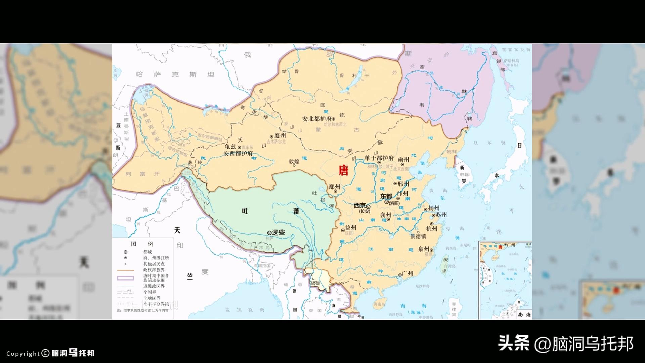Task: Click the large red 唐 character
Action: pos(343,170)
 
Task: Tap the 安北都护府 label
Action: pos(316,119)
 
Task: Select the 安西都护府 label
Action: pos(238,154)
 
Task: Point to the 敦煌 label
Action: pos(294,161)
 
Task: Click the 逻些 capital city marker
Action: pos(269,233)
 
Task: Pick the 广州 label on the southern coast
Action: pos(407,274)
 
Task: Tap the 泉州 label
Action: pos(424,249)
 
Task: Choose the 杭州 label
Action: pos(432,229)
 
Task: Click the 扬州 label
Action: pos(434,208)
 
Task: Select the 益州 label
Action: pos(351,228)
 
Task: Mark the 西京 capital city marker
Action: pos(368,207)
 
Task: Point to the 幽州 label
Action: pos(403,159)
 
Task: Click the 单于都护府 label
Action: pos(379,158)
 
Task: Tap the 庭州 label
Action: pos(280,135)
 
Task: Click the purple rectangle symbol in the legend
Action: pos(125,278)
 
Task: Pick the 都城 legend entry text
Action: pos(147,252)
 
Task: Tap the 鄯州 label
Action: pos(334,187)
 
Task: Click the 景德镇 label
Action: pos(418,236)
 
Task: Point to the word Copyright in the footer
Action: pos(23,354)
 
